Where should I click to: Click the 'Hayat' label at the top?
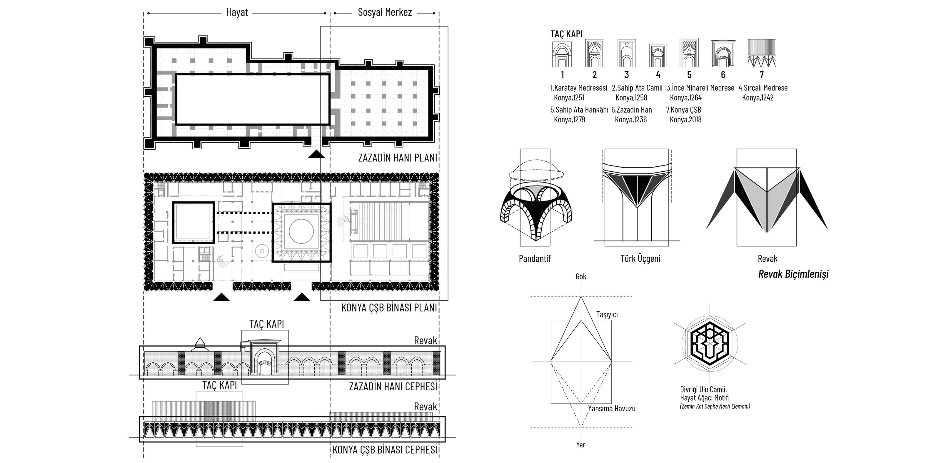tap(237, 13)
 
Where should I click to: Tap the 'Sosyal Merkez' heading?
tap(385, 13)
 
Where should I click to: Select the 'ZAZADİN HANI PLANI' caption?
tap(398, 158)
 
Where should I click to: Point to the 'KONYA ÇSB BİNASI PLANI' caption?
tap(389, 308)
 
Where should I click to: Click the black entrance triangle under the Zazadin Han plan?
tap(316, 154)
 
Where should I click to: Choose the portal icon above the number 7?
tap(761, 53)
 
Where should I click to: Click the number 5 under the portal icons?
tap(689, 75)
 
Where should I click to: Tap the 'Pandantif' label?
tap(535, 259)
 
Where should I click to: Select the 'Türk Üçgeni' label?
tap(640, 259)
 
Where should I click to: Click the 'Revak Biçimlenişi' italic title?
tap(793, 274)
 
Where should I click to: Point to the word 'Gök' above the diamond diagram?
tap(581, 276)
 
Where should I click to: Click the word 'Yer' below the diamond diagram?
tap(580, 445)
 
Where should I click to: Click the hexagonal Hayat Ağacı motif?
tap(710, 344)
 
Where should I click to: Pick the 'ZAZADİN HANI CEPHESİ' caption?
tap(393, 387)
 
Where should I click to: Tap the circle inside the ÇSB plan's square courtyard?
tap(301, 231)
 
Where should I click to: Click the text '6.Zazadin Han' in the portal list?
tap(631, 110)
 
